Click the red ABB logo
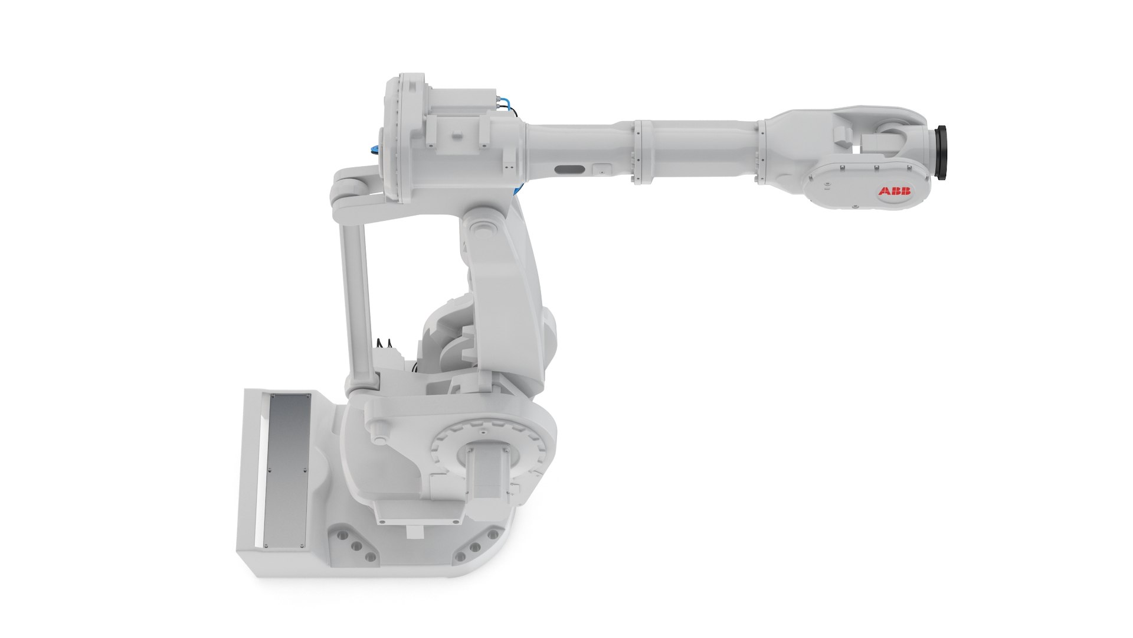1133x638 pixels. point(895,191)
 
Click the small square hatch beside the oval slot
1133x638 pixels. point(601,169)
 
